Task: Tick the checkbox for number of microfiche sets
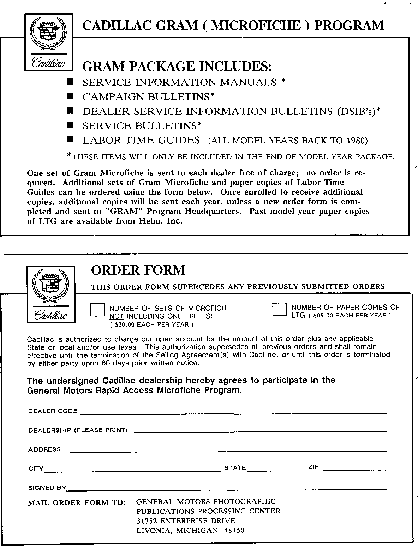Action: coord(97,310)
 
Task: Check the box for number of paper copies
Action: coord(280,310)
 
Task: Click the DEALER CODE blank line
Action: coord(233,412)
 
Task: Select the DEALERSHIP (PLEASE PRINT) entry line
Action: coord(261,431)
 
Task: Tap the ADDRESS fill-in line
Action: coord(229,450)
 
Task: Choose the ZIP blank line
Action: coord(355,469)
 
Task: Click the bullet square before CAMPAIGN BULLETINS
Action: coord(70,96)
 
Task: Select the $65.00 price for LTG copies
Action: coord(321,316)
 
